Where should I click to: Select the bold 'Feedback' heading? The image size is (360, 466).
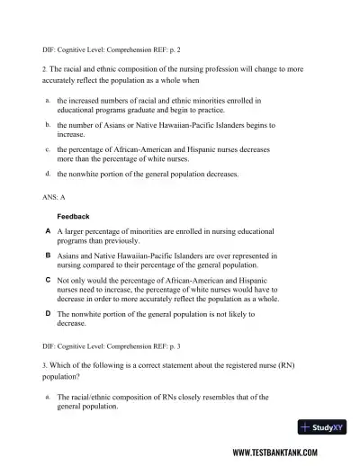point(74,217)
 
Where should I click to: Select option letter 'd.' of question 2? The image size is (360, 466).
point(47,173)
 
